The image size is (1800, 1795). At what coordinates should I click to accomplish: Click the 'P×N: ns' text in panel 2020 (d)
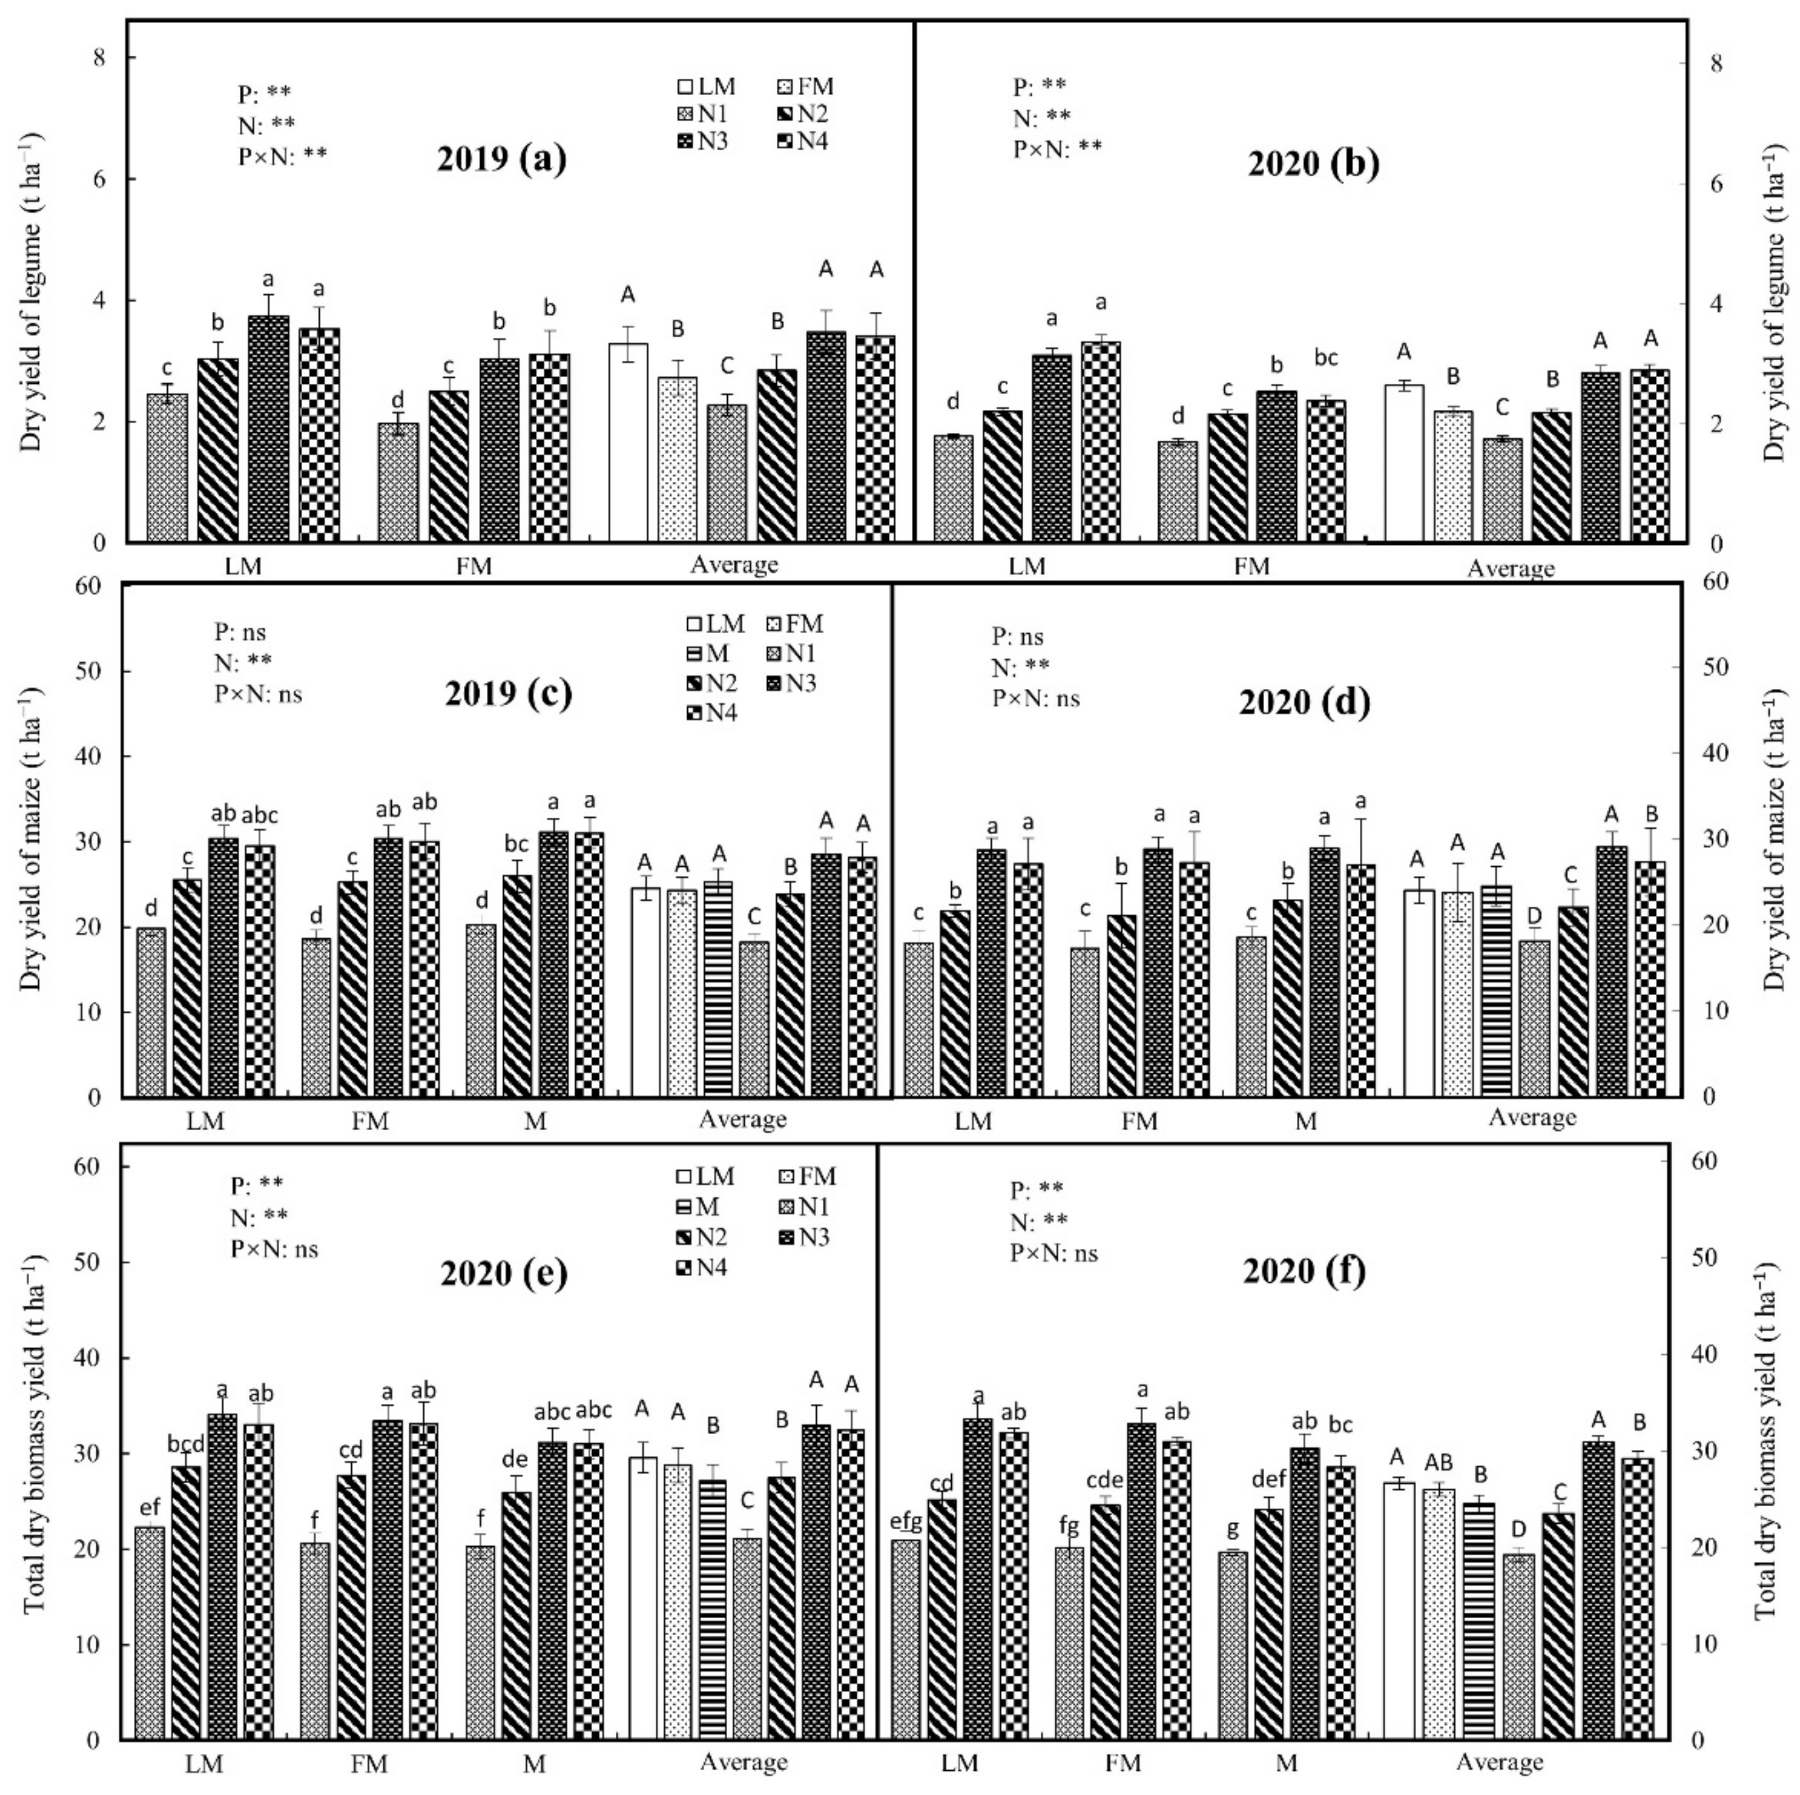1036,699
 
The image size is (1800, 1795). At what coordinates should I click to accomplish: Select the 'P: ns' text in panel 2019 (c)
240,633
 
